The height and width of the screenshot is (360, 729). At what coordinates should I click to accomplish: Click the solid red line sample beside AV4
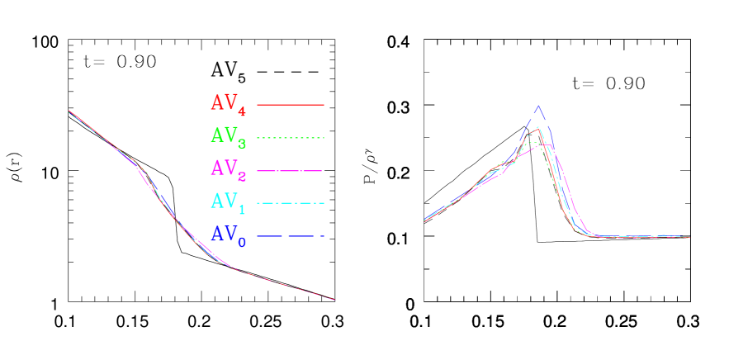[291, 105]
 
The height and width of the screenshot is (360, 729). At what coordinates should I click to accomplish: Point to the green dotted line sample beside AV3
[291, 137]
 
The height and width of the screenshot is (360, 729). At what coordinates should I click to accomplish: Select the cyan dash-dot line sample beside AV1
[291, 203]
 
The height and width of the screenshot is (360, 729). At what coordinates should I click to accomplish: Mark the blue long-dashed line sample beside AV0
[291, 237]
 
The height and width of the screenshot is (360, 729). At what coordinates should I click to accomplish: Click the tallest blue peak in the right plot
[538, 106]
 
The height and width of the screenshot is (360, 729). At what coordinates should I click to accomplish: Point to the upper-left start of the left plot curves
[69, 111]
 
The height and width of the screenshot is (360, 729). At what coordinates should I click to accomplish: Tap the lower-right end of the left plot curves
[334, 299]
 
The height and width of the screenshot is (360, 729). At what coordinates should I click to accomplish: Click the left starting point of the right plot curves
[425, 220]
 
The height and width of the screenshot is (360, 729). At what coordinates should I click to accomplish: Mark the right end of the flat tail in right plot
[689, 237]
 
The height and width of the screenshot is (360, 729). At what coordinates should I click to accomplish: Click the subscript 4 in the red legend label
[241, 111]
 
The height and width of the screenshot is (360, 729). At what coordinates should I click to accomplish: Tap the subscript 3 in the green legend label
[241, 144]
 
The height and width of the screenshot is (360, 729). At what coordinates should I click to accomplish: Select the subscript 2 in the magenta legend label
[241, 177]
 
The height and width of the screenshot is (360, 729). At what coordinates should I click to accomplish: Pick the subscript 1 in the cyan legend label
[241, 209]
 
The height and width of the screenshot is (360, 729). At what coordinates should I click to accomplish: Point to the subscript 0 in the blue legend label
[241, 243]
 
